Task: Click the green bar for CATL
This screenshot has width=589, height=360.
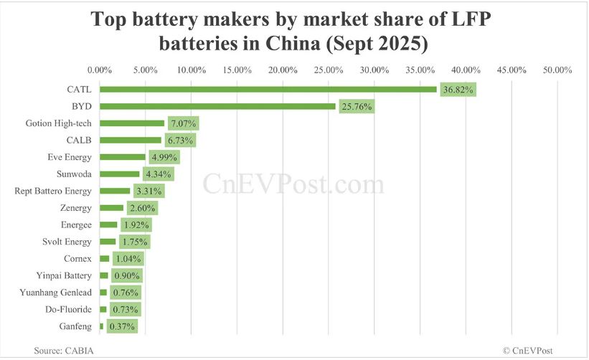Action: [268, 90]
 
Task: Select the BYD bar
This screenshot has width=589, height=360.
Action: [217, 106]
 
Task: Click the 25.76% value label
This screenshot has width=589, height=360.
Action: [357, 107]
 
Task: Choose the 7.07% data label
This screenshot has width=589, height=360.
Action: [183, 123]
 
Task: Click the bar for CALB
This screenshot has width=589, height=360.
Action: [131, 141]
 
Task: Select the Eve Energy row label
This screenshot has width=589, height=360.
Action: [71, 157]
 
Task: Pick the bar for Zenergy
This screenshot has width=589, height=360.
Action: [111, 208]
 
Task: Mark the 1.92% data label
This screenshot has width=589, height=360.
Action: [136, 225]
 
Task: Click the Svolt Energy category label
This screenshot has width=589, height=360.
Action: [68, 242]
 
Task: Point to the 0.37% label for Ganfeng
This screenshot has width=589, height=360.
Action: [120, 327]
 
